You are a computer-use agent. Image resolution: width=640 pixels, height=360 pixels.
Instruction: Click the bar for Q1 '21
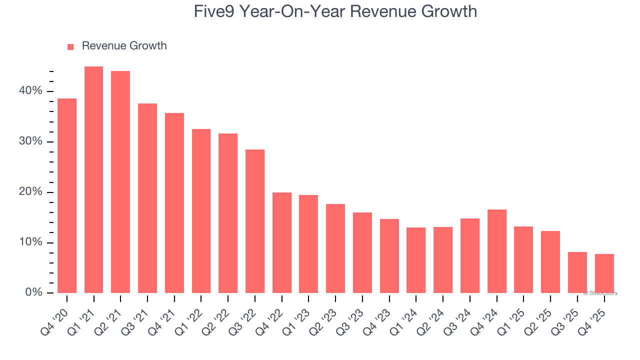click(93, 180)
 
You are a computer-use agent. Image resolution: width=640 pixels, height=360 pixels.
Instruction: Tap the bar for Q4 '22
click(281, 242)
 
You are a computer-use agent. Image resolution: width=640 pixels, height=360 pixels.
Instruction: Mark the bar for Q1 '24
click(416, 260)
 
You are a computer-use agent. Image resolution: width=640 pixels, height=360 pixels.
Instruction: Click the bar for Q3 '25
click(577, 272)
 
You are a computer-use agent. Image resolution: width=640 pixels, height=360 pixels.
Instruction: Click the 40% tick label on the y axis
click(31, 91)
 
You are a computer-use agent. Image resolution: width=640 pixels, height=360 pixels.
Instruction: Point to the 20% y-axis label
click(31, 192)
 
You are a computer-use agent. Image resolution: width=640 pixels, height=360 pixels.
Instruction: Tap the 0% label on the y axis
click(34, 292)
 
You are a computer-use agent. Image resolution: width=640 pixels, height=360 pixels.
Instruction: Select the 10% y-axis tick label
click(31, 242)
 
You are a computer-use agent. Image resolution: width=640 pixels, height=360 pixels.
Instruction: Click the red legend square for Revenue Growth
click(70, 46)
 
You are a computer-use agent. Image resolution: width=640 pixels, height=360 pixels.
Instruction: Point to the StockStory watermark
click(600, 293)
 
